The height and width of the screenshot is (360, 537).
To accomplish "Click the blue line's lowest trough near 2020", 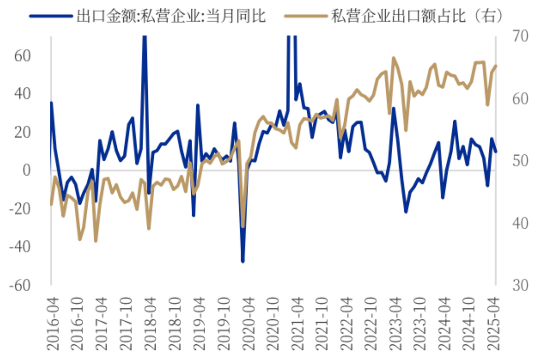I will pyautogui.click(x=242, y=261).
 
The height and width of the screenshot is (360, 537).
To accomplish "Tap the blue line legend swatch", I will pyautogui.click(x=50, y=16).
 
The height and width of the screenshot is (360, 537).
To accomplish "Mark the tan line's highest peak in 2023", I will pyautogui.click(x=394, y=58).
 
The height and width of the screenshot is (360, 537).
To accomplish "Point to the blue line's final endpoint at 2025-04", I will pyautogui.click(x=496, y=152).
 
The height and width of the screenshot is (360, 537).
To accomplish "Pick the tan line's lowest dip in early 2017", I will pyautogui.click(x=96, y=241).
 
